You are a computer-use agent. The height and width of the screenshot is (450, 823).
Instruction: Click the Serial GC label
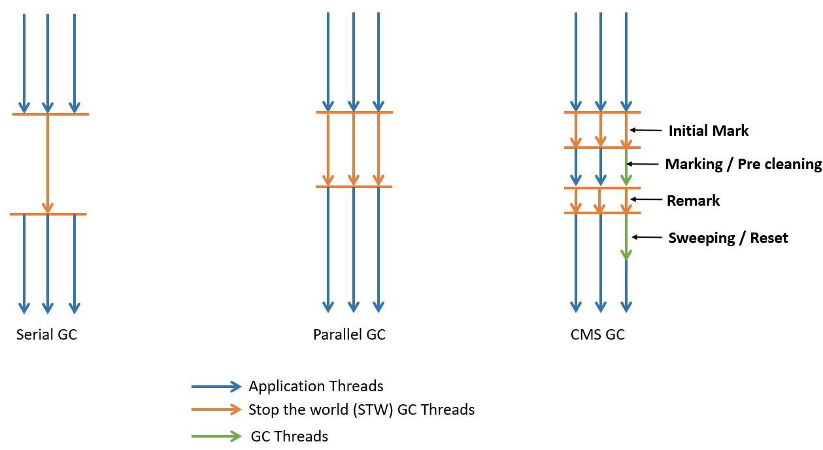(46, 335)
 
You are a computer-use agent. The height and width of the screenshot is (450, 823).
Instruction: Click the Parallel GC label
(349, 335)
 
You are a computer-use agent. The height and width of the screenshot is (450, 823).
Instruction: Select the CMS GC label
(597, 335)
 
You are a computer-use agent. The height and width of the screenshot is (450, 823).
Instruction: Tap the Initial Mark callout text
(709, 131)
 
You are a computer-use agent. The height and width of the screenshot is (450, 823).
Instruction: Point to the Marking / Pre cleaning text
(743, 165)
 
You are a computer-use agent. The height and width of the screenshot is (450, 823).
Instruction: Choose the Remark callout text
(693, 201)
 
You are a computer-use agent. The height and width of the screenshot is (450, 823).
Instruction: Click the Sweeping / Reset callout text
(728, 238)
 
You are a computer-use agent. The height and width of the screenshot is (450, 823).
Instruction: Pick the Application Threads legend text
(316, 386)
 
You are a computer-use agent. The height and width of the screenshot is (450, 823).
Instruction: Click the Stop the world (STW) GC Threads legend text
(361, 410)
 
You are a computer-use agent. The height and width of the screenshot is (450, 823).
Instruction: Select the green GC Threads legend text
(290, 436)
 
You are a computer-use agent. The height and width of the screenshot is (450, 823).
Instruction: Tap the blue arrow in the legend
(216, 387)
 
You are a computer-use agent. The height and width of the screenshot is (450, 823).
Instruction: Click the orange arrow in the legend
(216, 411)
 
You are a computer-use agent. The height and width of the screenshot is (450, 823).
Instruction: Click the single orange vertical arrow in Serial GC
(48, 163)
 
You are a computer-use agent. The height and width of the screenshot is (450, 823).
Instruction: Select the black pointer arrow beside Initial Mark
(645, 131)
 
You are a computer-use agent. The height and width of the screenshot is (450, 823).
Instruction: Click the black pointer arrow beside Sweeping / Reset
(647, 237)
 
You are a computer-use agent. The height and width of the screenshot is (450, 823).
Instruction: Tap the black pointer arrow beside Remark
(646, 199)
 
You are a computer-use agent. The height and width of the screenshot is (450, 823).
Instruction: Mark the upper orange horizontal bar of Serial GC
(50, 114)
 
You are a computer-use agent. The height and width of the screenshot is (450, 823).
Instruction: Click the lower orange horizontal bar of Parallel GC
(354, 187)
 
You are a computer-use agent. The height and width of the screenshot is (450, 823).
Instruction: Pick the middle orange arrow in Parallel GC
(353, 150)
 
